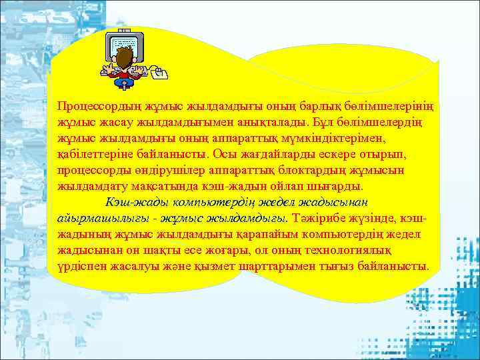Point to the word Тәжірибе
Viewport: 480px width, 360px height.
coord(317,218)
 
